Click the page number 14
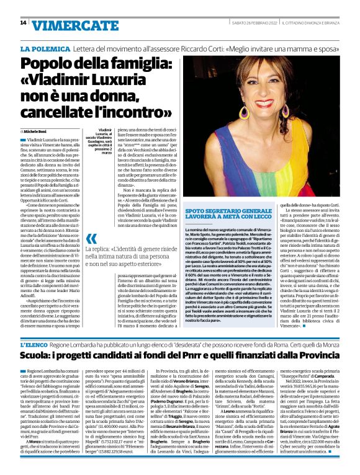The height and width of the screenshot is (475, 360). tap(23, 23)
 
